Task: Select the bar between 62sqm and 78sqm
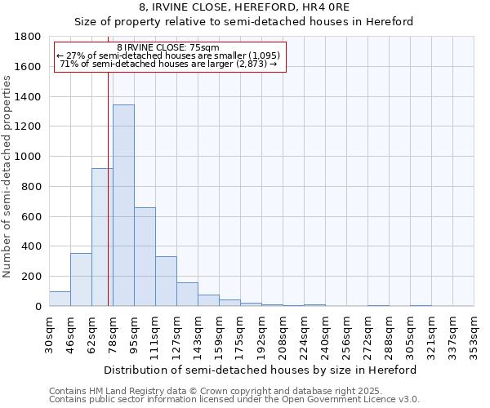click(x=102, y=237)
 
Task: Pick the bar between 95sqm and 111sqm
click(x=145, y=256)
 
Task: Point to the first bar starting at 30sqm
click(x=60, y=299)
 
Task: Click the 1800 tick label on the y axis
click(x=29, y=37)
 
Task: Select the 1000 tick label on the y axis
click(x=29, y=157)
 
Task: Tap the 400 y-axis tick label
click(x=32, y=246)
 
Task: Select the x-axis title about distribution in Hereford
click(x=261, y=370)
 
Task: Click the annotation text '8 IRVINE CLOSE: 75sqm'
click(x=168, y=48)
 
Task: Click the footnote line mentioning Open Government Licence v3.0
click(x=234, y=400)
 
